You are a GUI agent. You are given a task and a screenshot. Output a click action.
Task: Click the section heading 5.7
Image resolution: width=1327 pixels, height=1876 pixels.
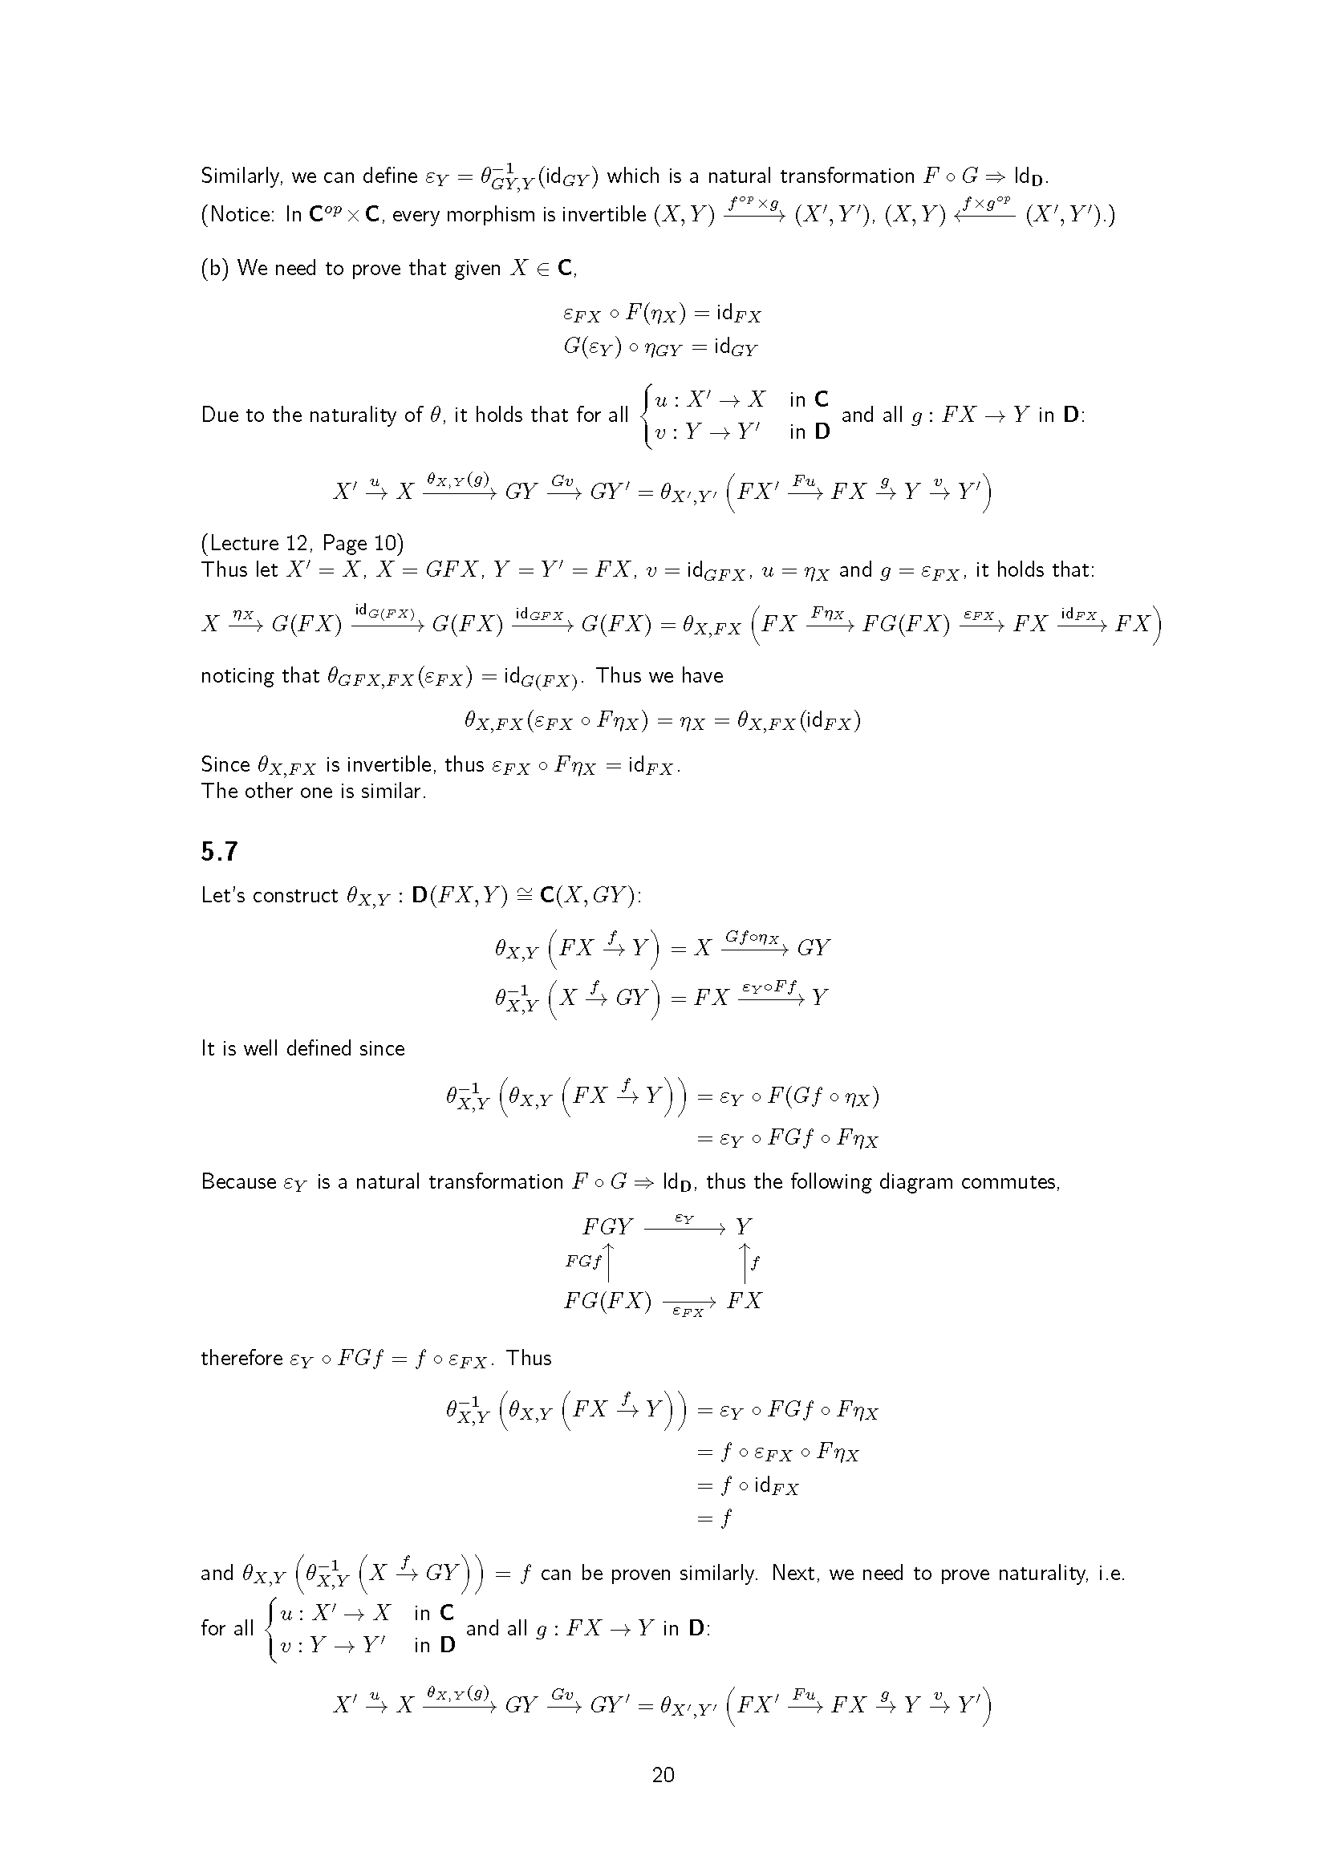(x=219, y=852)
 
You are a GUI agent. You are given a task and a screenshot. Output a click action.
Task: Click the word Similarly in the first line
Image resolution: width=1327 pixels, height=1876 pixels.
(x=241, y=176)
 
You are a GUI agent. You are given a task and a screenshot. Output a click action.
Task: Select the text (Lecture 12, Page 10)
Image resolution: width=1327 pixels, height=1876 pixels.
(x=302, y=543)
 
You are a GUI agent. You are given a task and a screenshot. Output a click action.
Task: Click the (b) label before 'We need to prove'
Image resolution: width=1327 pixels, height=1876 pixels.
(x=215, y=269)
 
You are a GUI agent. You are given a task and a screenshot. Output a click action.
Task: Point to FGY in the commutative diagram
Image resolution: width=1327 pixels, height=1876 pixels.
(x=607, y=1226)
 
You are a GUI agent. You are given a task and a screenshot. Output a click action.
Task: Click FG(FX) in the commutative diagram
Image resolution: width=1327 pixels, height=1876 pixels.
(x=607, y=1301)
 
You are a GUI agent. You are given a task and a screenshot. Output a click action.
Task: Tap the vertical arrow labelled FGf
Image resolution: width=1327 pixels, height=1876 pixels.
(x=609, y=1263)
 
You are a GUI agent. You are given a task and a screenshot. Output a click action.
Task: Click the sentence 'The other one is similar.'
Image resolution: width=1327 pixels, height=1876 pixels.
(x=314, y=791)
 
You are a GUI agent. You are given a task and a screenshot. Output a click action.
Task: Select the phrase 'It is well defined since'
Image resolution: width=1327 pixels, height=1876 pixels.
(x=302, y=1048)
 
